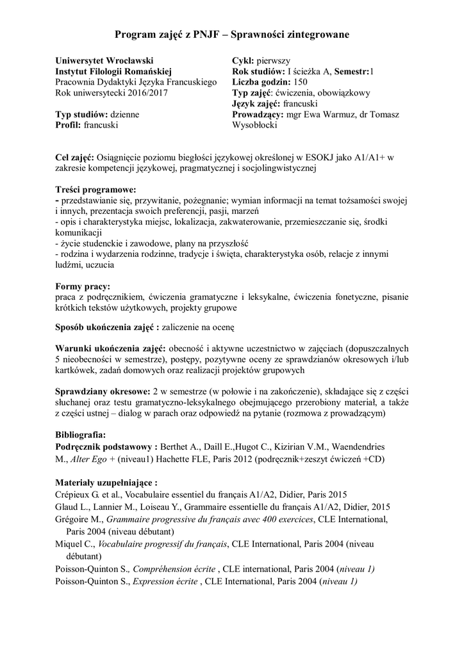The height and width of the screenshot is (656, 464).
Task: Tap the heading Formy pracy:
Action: coord(83,286)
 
